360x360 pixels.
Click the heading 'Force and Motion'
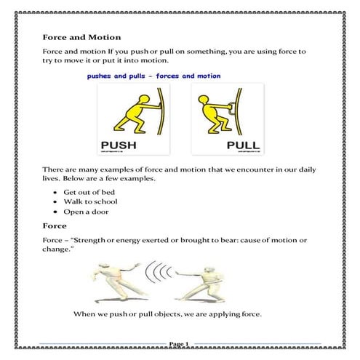click(81, 37)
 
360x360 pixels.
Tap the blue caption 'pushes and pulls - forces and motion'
click(153, 75)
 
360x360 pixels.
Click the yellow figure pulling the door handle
click(217, 109)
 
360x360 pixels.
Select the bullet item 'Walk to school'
click(91, 201)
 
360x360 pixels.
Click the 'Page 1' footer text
click(179, 343)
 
